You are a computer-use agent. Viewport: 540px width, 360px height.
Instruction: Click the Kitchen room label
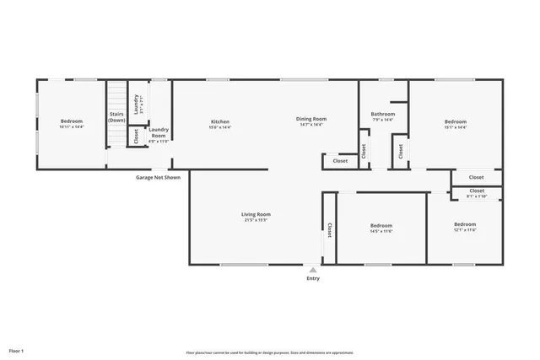tap(220, 121)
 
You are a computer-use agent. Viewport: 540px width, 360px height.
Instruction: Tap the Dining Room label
tap(310, 119)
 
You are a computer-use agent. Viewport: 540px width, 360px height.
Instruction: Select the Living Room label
tap(256, 214)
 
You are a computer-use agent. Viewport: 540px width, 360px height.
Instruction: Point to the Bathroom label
tap(383, 114)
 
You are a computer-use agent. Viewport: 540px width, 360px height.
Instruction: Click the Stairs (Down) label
tap(116, 117)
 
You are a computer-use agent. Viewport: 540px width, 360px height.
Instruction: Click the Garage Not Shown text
tap(158, 178)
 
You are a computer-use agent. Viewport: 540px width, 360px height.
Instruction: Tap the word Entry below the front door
tap(313, 278)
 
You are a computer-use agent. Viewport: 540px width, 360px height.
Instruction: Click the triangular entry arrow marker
tap(313, 270)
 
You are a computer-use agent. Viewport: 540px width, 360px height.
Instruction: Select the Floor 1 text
tap(16, 350)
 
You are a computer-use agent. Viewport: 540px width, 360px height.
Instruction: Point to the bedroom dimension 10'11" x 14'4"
tap(72, 127)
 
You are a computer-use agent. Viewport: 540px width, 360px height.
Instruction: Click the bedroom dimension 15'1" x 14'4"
tap(456, 127)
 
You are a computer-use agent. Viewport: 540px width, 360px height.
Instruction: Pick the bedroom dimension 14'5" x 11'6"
tap(381, 230)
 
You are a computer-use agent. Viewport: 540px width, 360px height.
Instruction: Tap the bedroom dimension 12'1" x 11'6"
tap(465, 229)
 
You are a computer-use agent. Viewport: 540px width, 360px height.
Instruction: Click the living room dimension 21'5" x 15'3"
tap(256, 220)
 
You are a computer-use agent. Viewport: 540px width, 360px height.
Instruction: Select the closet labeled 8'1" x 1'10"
tap(477, 196)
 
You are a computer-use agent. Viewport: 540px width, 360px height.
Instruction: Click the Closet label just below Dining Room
tap(340, 160)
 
